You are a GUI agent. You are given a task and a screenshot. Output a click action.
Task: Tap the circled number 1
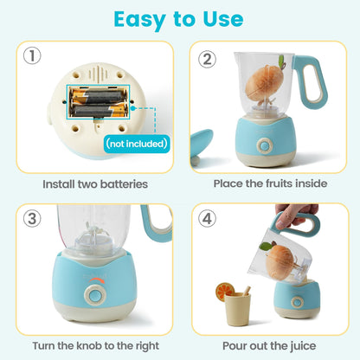32,58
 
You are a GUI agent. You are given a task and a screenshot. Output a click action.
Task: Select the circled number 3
32,218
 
